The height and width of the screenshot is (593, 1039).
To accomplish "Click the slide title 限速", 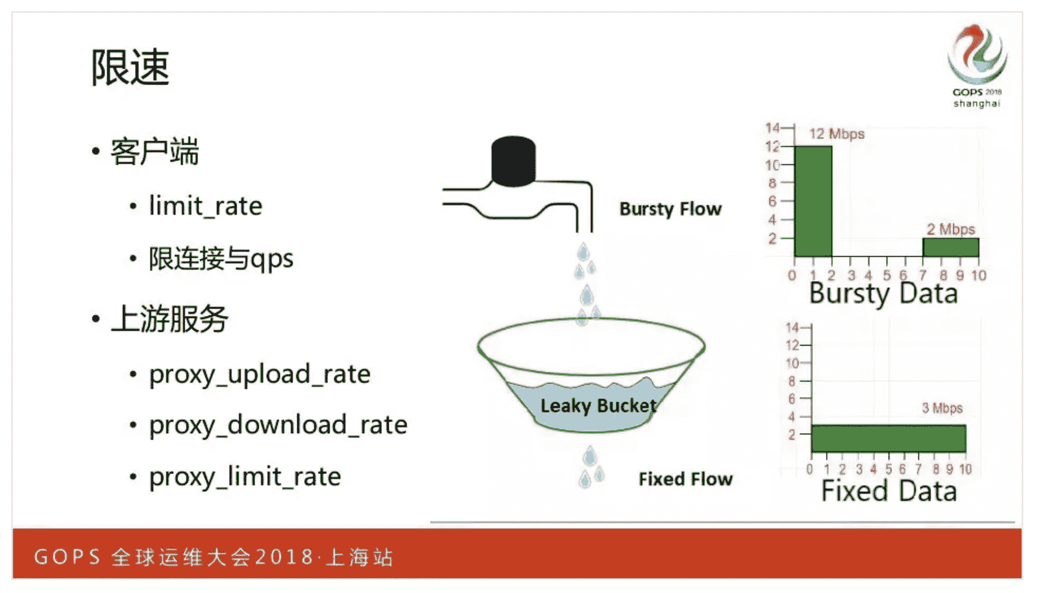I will [129, 67].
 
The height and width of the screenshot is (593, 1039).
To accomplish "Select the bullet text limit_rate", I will [205, 206].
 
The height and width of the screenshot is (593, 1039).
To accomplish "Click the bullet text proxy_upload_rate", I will [259, 374].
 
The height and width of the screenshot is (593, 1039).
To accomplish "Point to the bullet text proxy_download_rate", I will [278, 425].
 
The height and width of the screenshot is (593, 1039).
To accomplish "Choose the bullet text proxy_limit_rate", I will [245, 477].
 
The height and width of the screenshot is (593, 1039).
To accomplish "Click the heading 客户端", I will [154, 152].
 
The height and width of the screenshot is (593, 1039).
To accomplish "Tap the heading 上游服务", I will [169, 319].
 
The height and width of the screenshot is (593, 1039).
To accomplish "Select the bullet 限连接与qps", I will [221, 259].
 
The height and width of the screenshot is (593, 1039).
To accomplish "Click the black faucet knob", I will [513, 160].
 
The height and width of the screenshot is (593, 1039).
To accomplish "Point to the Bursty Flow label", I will [670, 209].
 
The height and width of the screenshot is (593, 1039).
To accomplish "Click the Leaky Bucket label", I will [598, 406].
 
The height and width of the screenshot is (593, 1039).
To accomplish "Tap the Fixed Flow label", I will [685, 479].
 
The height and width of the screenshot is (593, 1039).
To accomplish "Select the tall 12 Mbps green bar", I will [813, 201].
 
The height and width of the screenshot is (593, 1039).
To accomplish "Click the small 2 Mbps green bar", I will [950, 247].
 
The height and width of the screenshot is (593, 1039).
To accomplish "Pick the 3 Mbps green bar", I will [888, 438].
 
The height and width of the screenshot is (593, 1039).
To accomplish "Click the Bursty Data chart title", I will [883, 293].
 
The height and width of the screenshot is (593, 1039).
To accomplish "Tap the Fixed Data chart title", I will [889, 491].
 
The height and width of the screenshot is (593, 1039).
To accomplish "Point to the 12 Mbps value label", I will [837, 134].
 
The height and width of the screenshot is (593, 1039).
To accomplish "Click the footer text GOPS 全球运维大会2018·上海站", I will [214, 556].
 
